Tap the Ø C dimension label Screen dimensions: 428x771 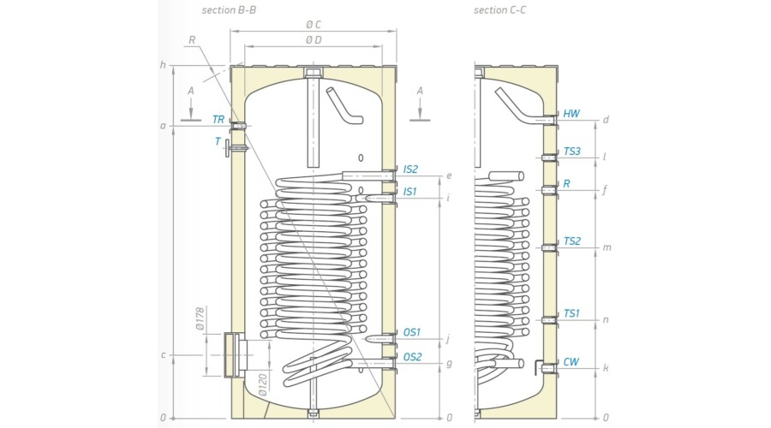(x=314, y=25)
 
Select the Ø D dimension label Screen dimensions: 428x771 (x=314, y=40)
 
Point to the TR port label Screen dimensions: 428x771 (x=218, y=120)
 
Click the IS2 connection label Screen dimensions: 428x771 (x=411, y=169)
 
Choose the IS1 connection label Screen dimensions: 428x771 (x=411, y=191)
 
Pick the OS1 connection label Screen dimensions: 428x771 (x=412, y=332)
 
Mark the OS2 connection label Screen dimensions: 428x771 (x=412, y=357)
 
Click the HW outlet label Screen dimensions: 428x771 (x=571, y=113)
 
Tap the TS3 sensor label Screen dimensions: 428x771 (x=572, y=152)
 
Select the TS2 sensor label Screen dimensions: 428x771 (x=572, y=241)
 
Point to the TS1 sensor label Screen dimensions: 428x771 (x=572, y=314)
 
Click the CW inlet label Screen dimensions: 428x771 (x=571, y=362)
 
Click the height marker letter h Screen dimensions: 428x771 (x=162, y=66)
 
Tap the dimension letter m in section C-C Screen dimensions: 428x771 (x=607, y=247)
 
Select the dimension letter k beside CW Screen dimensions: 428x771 (x=606, y=368)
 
